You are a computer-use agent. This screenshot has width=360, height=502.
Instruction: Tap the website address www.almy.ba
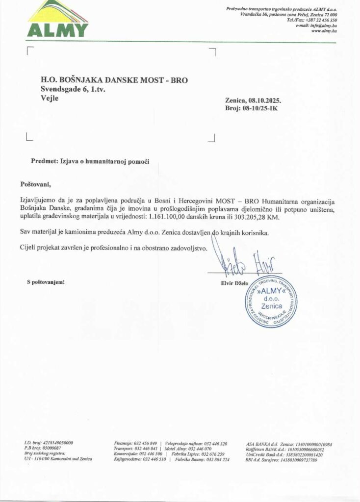(x=325, y=31)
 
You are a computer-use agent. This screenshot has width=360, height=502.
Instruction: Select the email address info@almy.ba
(x=322, y=25)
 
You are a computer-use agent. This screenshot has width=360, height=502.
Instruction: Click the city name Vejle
(x=50, y=98)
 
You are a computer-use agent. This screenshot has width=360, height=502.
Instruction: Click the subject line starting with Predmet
(x=90, y=161)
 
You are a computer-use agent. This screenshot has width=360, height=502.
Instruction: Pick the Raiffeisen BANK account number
(x=307, y=449)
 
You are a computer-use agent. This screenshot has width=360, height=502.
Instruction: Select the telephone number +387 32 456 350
(x=321, y=20)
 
